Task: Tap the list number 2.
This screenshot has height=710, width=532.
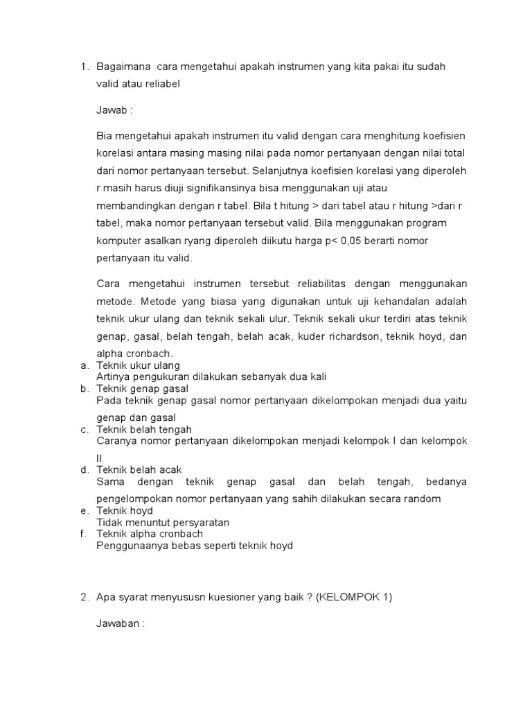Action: (83, 597)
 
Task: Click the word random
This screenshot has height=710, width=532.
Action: (423, 499)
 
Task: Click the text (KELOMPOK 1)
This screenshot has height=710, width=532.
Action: (354, 597)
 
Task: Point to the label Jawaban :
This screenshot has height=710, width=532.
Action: (120, 623)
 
